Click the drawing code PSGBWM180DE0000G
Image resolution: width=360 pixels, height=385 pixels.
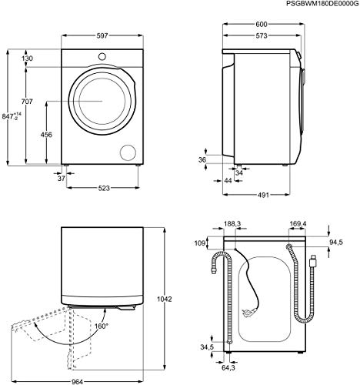pos(322,4)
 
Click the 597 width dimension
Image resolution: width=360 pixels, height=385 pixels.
pos(102,35)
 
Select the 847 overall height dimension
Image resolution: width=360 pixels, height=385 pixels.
pos(12,116)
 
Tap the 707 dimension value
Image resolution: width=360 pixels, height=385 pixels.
pos(27,102)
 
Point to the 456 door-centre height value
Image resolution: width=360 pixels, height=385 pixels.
pos(46,135)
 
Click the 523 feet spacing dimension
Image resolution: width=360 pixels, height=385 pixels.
pos(104,188)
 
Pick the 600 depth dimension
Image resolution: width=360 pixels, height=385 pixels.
pos(262,25)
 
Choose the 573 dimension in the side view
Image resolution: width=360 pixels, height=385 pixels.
pos(262,36)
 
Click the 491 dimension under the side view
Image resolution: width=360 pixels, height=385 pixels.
pos(263,195)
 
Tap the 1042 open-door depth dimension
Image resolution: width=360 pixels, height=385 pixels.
pos(165,299)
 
